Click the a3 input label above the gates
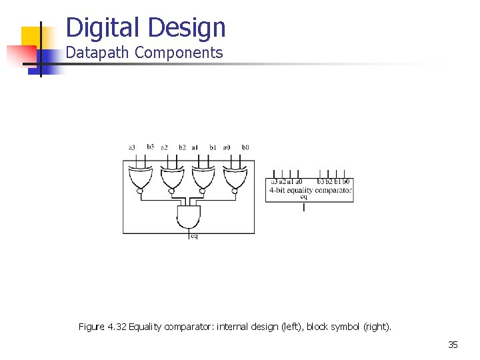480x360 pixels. coord(132,147)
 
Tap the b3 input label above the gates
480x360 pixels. coord(150,147)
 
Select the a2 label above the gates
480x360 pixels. coord(164,147)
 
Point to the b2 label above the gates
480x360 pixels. coord(182,147)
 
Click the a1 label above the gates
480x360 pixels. coord(195,147)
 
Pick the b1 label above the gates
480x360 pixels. coord(213,147)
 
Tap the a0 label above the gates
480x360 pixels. coord(227,147)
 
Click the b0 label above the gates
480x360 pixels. coord(245,147)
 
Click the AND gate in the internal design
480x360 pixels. coord(188,216)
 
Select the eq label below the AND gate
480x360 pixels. coord(194,236)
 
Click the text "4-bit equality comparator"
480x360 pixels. coord(310,190)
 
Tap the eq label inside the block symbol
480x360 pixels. coord(304,197)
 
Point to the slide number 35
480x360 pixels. coord(453,345)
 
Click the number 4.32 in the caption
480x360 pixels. coord(117,327)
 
